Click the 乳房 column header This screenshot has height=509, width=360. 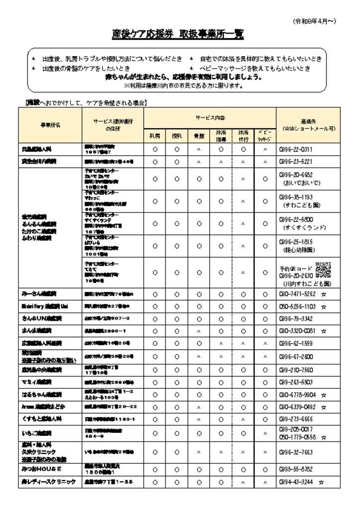(155, 134)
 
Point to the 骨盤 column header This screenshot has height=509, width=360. (198, 134)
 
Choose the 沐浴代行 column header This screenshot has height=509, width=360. (242, 134)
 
